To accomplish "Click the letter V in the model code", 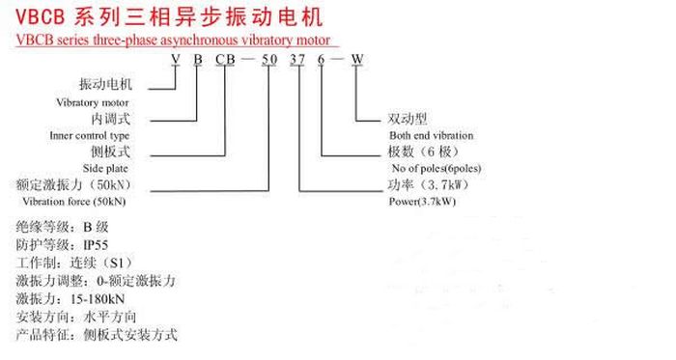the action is pyautogui.click(x=175, y=59).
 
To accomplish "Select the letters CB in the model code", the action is pyautogui.click(x=225, y=59).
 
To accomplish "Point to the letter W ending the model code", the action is pyautogui.click(x=357, y=59).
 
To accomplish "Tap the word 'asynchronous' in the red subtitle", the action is pyautogui.click(x=189, y=41).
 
